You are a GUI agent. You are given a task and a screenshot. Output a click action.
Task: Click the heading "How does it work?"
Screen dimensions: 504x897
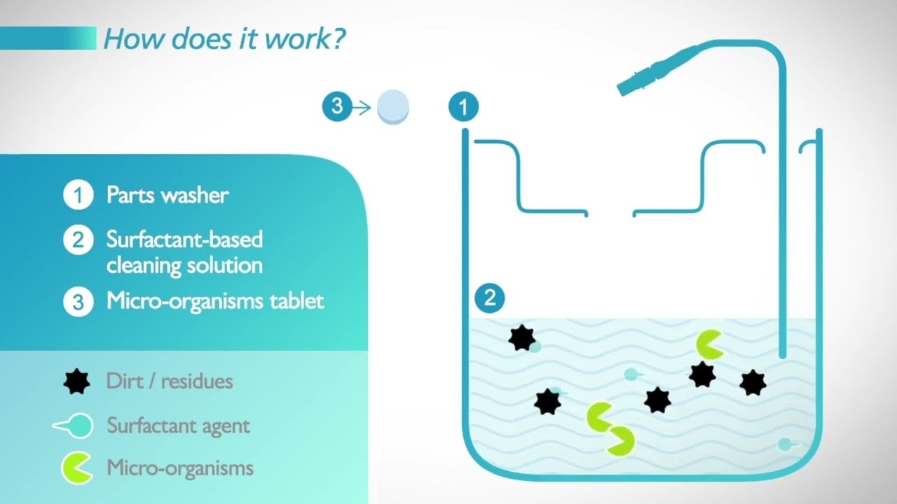(224, 38)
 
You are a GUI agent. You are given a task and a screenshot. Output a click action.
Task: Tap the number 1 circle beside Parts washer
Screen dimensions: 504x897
(78, 195)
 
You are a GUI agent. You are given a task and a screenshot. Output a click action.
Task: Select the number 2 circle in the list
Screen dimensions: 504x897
(78, 240)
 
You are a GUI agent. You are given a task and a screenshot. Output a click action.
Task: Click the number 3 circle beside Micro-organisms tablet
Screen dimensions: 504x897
(78, 302)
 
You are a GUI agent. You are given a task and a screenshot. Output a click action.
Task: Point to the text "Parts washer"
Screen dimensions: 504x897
(167, 195)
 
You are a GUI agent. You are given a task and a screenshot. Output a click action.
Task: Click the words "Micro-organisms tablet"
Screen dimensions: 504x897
(215, 302)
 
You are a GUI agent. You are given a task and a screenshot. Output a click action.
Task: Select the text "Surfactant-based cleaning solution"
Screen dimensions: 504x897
(184, 252)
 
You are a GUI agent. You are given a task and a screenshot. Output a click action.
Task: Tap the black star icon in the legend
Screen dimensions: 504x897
(77, 381)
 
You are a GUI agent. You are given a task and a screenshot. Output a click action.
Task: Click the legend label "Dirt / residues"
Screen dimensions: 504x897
(170, 381)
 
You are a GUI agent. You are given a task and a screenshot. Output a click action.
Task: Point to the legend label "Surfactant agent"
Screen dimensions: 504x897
(178, 426)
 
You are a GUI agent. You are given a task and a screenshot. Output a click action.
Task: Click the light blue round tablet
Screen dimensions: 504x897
(393, 107)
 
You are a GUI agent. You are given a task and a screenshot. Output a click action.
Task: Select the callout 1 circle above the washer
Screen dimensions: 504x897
(463, 107)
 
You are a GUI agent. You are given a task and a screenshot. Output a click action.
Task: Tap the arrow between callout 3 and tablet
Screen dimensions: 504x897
(361, 108)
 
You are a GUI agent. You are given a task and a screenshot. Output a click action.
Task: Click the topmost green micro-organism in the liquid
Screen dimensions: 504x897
(710, 344)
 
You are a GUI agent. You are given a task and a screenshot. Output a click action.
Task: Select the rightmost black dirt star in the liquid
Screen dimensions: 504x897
(753, 382)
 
